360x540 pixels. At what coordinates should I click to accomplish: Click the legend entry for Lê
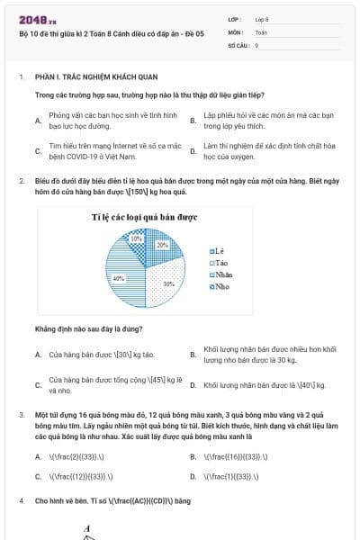click(220, 249)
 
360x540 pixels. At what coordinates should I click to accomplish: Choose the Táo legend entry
click(220, 262)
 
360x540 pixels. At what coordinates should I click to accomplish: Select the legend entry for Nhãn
click(221, 274)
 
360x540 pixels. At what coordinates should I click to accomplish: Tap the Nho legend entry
click(220, 286)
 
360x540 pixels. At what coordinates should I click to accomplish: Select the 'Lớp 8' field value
click(262, 18)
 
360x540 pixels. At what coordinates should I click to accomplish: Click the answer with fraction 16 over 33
click(235, 456)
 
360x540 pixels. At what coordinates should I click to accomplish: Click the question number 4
click(21, 499)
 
